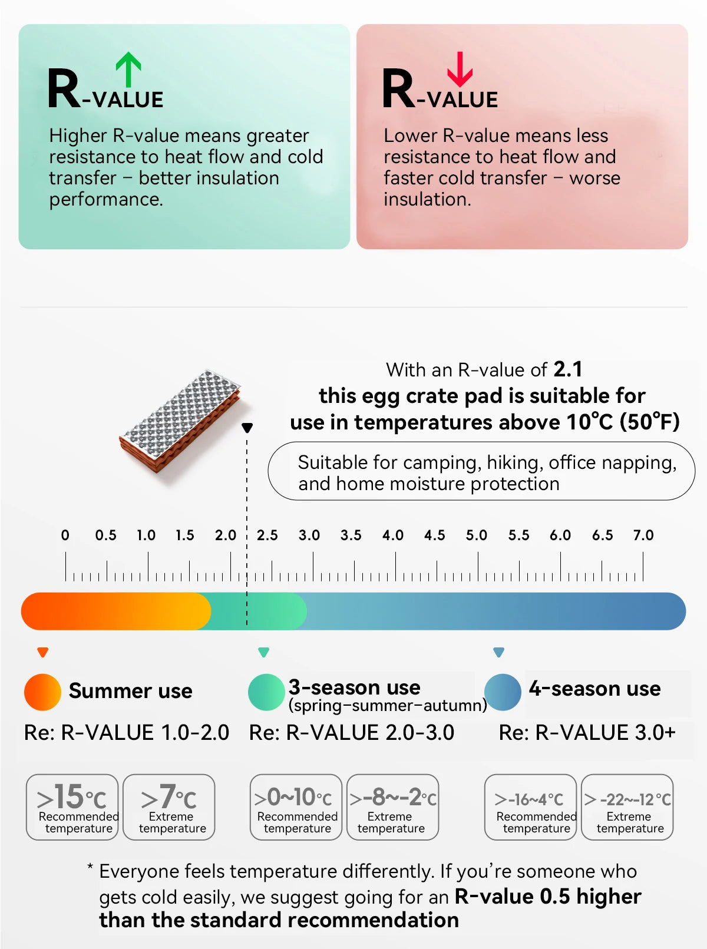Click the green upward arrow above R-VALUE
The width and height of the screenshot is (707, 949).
pyautogui.click(x=128, y=70)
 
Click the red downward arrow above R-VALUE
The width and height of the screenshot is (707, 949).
pyautogui.click(x=460, y=70)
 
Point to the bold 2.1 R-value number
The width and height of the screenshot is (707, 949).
pyautogui.click(x=568, y=369)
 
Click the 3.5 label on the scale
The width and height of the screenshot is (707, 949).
pyautogui.click(x=351, y=535)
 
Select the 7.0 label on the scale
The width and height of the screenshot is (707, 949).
pyautogui.click(x=643, y=535)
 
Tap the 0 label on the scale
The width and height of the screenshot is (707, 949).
pyautogui.click(x=65, y=535)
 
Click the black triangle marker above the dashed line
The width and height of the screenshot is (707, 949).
pyautogui.click(x=247, y=428)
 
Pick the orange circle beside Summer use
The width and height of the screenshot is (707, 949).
pyautogui.click(x=42, y=692)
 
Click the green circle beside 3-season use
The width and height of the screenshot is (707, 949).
pyautogui.click(x=266, y=692)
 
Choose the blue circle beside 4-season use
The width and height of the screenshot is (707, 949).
pyautogui.click(x=503, y=692)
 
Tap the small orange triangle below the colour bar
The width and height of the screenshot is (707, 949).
pyautogui.click(x=43, y=652)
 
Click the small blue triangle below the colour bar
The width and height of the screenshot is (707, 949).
pyautogui.click(x=498, y=652)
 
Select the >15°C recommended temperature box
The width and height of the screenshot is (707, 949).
pyautogui.click(x=72, y=807)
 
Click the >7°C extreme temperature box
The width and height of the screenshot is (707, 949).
pyautogui.click(x=169, y=807)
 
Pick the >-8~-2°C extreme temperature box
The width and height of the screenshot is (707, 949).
pyautogui.click(x=393, y=807)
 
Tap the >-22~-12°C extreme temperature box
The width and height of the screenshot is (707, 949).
pyautogui.click(x=627, y=807)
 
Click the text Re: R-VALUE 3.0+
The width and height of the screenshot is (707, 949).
pyautogui.click(x=587, y=732)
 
